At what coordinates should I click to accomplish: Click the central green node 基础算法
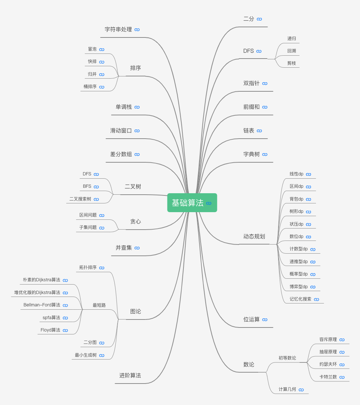(x=188, y=203)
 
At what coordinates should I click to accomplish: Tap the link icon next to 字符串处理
(x=137, y=30)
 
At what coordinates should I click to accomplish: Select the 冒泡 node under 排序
(x=92, y=49)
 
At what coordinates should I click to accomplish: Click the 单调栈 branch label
(x=124, y=107)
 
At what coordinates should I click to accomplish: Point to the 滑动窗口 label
(x=121, y=131)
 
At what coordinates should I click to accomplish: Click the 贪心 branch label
(x=135, y=221)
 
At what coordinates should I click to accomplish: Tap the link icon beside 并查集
(x=137, y=248)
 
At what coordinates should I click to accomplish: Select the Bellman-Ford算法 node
(x=42, y=305)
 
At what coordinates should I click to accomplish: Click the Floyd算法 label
(x=51, y=330)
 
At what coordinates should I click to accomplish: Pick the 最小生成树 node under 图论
(x=86, y=355)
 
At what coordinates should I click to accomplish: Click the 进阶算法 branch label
(x=130, y=376)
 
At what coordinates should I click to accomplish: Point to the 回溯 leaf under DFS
(x=292, y=51)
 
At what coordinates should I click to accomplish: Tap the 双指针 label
(x=252, y=83)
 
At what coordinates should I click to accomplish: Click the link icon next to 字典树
(x=265, y=155)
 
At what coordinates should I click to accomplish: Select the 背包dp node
(x=296, y=199)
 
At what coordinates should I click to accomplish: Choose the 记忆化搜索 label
(x=300, y=299)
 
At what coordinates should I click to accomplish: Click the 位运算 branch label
(x=252, y=319)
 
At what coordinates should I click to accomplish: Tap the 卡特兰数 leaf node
(x=328, y=377)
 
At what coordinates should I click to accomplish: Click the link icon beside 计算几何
(x=301, y=390)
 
